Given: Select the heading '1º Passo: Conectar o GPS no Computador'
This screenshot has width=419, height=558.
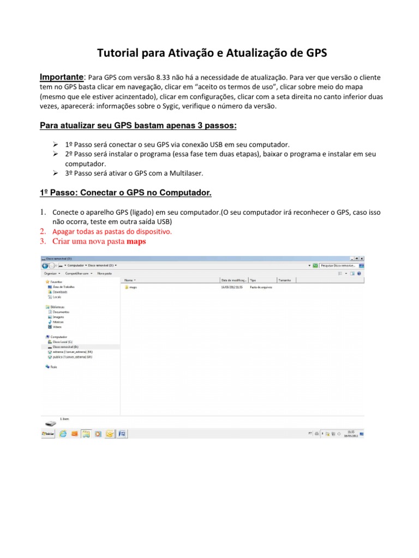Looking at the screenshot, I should click(125, 193).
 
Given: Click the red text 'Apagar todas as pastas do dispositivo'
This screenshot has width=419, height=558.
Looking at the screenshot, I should click(112, 231).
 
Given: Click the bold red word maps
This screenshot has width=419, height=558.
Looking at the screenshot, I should click(136, 241).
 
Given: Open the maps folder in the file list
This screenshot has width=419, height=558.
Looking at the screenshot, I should click(133, 287).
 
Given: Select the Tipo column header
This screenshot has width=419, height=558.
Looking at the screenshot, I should click(253, 280).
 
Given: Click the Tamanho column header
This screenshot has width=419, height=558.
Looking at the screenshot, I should click(284, 280).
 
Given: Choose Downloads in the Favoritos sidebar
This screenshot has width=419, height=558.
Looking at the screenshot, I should click(60, 292).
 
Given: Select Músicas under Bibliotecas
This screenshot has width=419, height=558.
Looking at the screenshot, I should click(57, 322).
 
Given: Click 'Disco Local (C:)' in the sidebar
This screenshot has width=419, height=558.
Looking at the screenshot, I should click(63, 342).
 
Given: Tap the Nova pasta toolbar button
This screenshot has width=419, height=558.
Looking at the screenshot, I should click(104, 273).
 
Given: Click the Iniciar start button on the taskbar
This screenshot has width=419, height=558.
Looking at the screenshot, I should click(49, 434).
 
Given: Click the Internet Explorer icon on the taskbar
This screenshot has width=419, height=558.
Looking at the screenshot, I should click(63, 434).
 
